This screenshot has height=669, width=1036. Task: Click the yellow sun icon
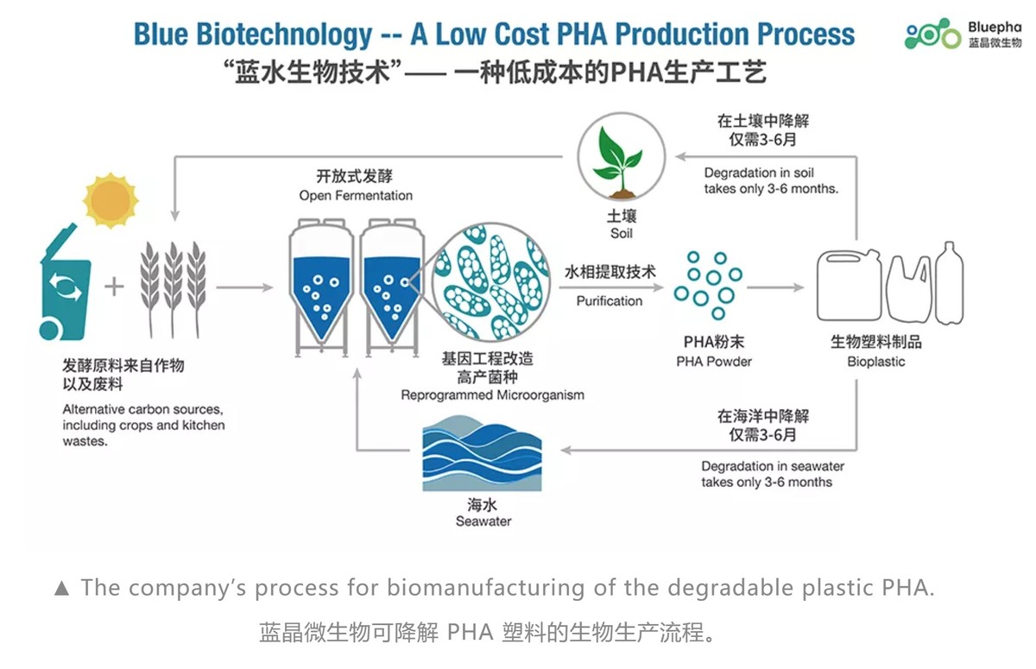[x=111, y=200]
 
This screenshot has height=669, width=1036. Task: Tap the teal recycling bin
[x=65, y=283]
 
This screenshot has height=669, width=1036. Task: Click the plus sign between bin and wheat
[x=114, y=287]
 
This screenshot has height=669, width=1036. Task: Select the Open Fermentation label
[x=356, y=196]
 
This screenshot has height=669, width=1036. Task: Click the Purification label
[x=610, y=301]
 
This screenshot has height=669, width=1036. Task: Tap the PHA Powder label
[x=714, y=362]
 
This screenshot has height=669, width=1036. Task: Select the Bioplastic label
[x=876, y=362]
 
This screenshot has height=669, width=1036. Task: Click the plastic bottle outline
[x=950, y=283]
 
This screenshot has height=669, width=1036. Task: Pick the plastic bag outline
[x=909, y=289]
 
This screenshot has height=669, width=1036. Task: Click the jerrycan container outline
[x=850, y=285]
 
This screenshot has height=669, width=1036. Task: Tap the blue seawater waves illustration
[x=482, y=452]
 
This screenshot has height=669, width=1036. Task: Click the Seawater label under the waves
[x=483, y=521]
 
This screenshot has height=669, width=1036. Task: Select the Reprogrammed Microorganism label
[x=493, y=395]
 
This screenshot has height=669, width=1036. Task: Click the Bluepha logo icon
[x=932, y=34]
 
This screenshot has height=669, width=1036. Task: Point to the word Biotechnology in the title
[x=284, y=35]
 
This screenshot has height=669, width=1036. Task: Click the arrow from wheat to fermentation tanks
[x=244, y=287]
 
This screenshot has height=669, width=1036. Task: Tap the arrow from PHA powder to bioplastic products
[x=775, y=287]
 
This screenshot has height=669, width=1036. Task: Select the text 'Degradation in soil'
[x=759, y=173]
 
